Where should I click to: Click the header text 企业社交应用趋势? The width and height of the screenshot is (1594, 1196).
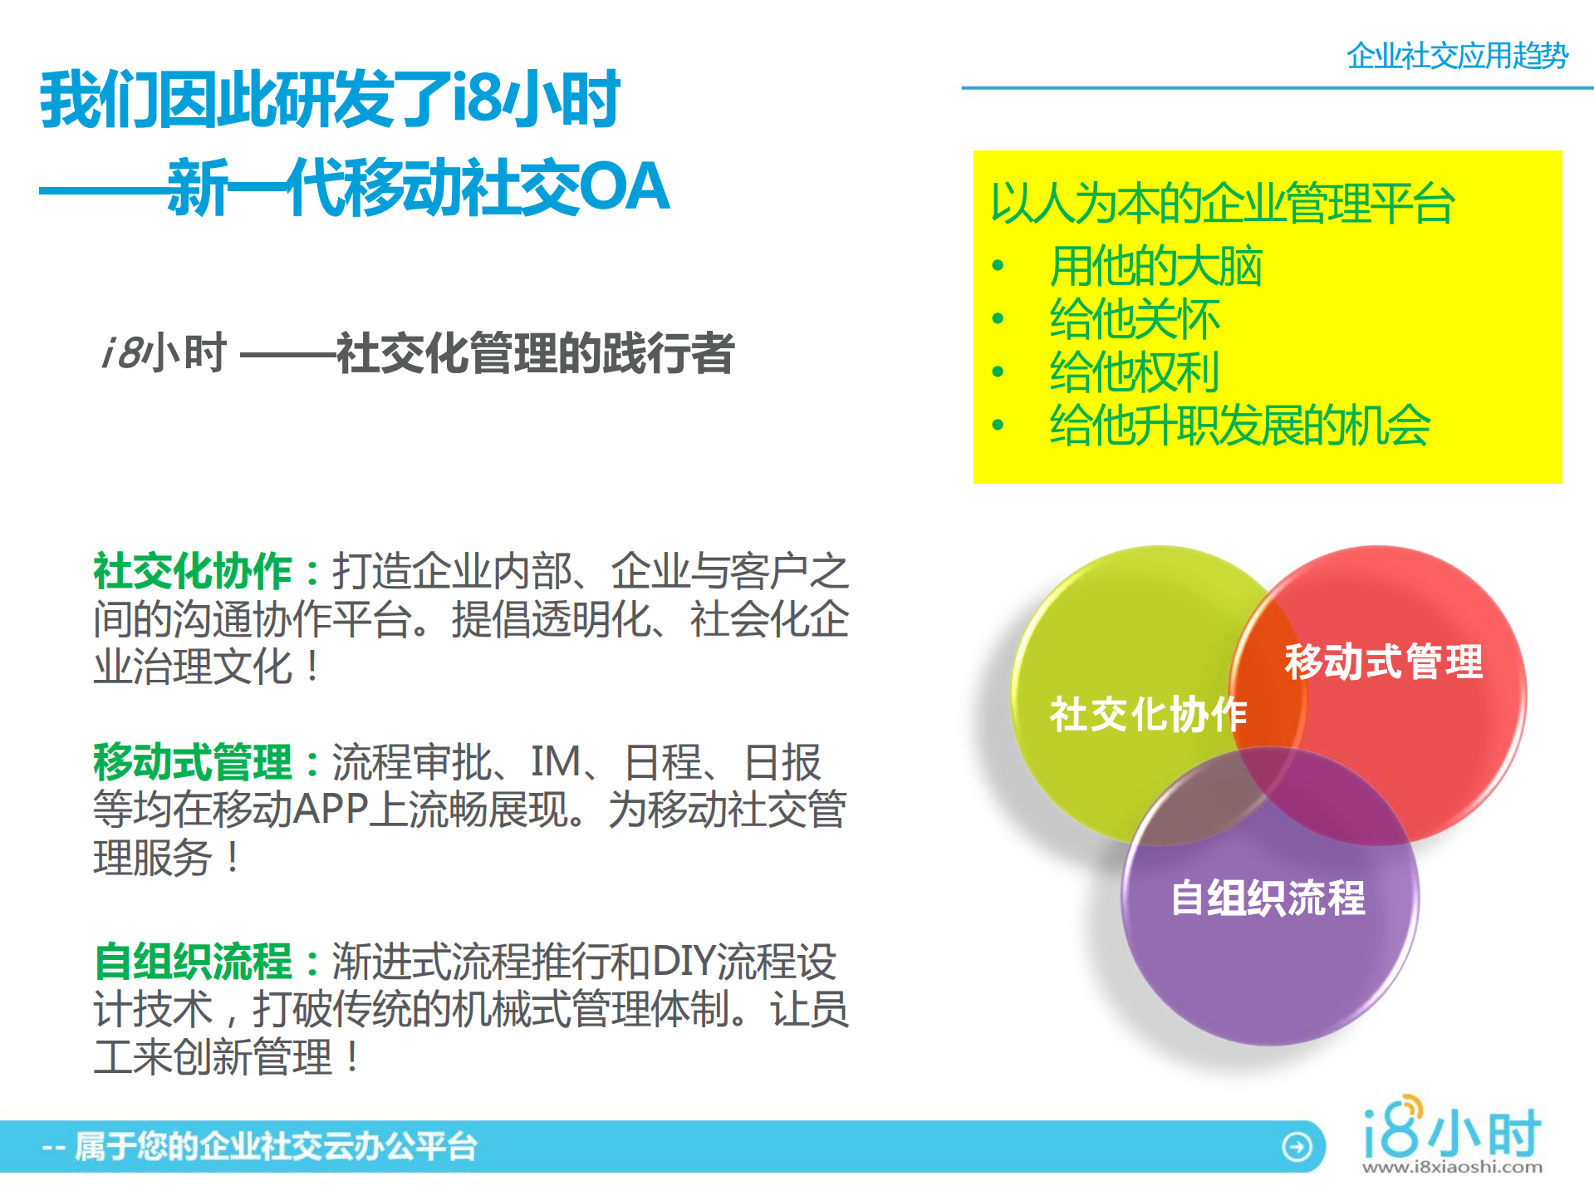(x=1457, y=57)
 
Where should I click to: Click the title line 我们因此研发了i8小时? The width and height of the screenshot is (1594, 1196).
(x=330, y=100)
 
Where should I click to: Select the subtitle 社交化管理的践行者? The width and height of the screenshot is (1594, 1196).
(x=535, y=352)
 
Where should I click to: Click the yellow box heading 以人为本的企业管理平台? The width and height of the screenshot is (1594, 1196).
(x=1222, y=204)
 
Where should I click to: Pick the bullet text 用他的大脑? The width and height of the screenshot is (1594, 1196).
(x=1155, y=267)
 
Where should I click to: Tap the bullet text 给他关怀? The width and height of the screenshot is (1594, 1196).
(x=1135, y=319)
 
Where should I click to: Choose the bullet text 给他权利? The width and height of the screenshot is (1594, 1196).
(x=1135, y=372)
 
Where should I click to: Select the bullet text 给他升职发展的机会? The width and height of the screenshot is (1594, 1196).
(x=1239, y=426)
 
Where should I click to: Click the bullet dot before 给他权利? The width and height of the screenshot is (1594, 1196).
(x=998, y=372)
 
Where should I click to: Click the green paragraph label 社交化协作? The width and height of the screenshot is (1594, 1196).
(x=193, y=572)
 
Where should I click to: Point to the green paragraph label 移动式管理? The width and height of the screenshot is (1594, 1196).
(x=193, y=762)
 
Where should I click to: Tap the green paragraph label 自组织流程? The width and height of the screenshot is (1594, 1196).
(x=193, y=962)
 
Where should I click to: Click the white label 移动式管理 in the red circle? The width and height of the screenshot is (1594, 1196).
(x=1383, y=662)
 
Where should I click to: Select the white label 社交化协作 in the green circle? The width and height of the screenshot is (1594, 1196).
(x=1148, y=714)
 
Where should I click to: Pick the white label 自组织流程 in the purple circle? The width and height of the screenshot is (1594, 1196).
(x=1268, y=898)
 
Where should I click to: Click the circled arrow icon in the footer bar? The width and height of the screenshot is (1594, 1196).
(x=1297, y=1147)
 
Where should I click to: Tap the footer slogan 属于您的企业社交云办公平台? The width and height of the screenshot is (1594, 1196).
(x=276, y=1147)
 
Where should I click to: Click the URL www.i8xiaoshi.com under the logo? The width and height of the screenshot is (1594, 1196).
(x=1452, y=1167)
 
